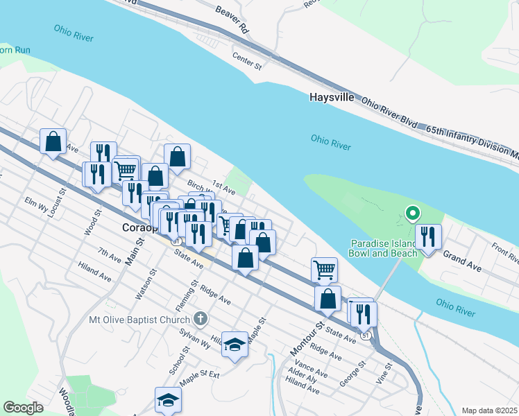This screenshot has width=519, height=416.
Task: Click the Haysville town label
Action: [332, 98]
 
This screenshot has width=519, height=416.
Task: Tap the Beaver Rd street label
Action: [231, 21]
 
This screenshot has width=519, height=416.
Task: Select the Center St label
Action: [246, 62]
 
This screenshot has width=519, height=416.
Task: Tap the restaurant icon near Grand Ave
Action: [428, 237]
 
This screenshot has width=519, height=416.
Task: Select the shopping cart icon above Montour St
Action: [324, 269]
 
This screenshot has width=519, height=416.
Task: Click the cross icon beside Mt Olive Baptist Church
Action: [201, 319]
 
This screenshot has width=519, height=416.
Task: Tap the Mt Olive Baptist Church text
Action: [139, 320]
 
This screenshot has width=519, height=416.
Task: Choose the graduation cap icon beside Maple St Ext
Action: [168, 401]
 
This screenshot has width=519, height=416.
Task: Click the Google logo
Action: [23, 408]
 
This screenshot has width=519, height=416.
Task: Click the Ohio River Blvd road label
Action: [389, 112]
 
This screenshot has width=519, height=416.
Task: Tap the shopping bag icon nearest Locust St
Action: [53, 141]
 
